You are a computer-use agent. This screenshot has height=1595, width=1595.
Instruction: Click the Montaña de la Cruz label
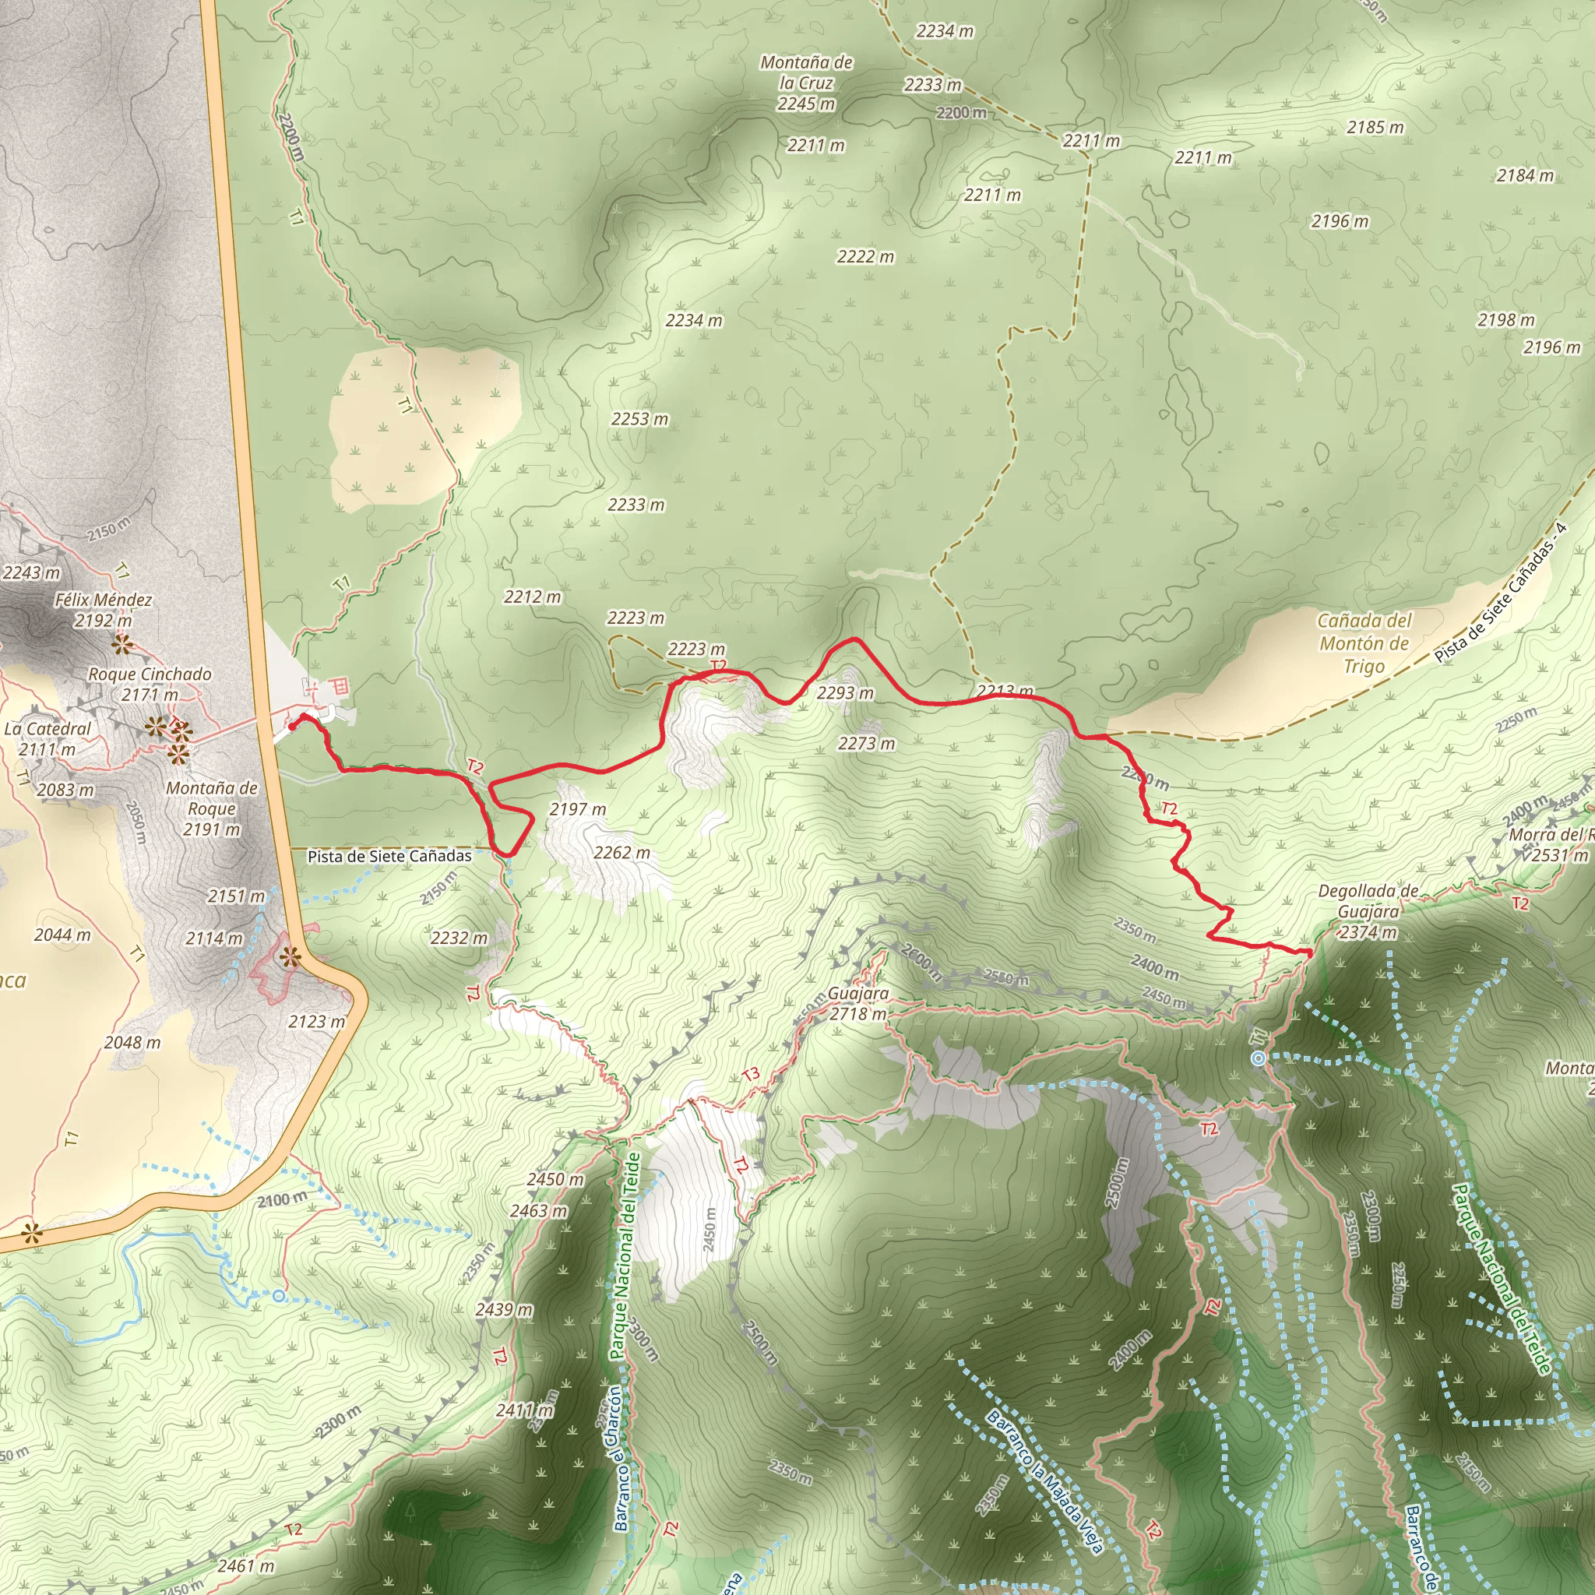pos(806,83)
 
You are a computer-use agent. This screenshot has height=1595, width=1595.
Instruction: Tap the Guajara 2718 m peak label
pos(857,1003)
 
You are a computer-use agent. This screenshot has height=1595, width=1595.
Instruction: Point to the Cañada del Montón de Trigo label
pos(1364,643)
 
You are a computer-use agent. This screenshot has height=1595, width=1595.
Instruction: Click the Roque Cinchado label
pos(150,684)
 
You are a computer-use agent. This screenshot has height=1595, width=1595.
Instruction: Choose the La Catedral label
pos(48,739)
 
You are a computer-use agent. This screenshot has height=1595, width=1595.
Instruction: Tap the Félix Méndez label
pos(104,609)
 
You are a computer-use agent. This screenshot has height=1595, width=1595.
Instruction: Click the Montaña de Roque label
pos(211,808)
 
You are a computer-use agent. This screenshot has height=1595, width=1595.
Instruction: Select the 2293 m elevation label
pos(844,693)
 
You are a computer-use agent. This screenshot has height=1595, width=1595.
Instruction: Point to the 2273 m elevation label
pos(866,744)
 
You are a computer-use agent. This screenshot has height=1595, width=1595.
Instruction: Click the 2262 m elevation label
pos(621,853)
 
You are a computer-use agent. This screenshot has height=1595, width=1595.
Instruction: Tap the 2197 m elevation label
pos(578,809)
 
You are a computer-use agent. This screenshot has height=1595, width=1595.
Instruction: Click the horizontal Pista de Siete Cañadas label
pos(389,856)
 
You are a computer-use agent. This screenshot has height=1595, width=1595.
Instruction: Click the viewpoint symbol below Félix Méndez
pos(122,644)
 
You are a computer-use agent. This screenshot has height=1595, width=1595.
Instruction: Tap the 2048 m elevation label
pos(132,1043)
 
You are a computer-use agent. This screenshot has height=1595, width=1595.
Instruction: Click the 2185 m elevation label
pos(1375,127)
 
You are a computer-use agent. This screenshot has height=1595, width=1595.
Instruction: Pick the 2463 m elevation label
pos(538,1211)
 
